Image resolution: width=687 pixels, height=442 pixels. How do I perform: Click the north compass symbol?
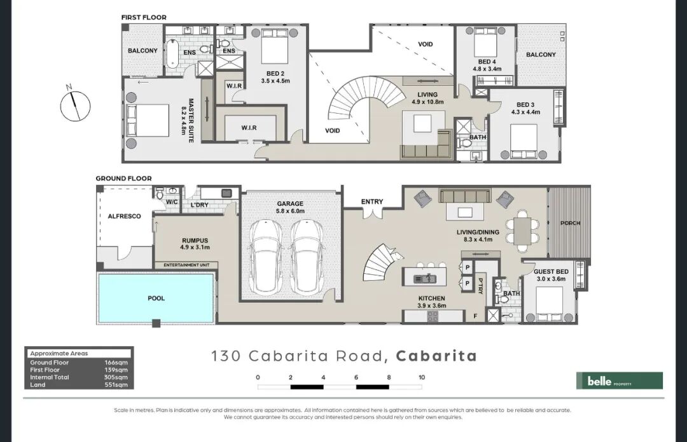coord(75,105)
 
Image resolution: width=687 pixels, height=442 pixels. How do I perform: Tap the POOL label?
coord(156,298)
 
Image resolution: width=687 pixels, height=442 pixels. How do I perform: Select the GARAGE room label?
coord(290,203)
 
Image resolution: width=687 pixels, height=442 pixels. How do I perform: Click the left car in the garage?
coord(265,257)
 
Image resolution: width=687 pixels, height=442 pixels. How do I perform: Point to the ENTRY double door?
coord(372,213)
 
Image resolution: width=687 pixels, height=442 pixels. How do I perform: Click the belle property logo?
coord(619,380)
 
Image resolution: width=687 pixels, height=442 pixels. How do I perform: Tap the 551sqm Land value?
coord(116,385)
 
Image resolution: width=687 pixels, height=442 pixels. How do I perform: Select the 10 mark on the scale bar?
coord(422,377)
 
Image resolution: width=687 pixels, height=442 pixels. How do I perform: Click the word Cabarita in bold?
coord(436,356)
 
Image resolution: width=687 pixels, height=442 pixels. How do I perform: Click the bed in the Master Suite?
coord(148,121)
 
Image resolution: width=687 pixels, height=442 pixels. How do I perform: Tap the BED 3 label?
coord(525,105)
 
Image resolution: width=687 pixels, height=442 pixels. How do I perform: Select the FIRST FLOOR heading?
coord(144,18)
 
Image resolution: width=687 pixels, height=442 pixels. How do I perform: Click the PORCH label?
coord(570,223)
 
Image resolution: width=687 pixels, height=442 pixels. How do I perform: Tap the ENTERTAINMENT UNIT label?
coord(186,265)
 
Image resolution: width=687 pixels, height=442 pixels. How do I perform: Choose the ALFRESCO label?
coord(125,216)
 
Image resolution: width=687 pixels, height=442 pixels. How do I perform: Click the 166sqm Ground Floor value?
coord(116,363)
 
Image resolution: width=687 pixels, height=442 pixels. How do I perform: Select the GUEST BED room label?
coord(551,272)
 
